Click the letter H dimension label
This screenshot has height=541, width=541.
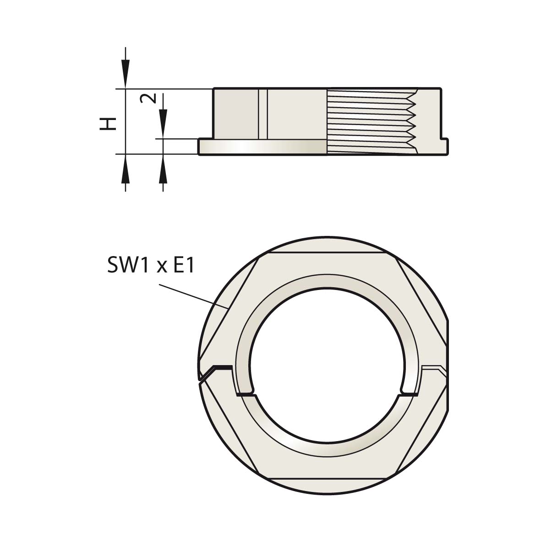click(108, 124)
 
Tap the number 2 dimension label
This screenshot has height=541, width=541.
click(148, 98)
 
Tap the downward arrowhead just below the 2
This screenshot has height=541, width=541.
click(163, 124)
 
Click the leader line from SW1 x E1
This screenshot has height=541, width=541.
click(194, 295)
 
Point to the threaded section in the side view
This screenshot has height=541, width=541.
click(372, 121)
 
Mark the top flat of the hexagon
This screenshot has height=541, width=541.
click(327, 253)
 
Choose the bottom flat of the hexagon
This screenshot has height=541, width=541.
click(327, 479)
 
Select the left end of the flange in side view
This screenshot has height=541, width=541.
click(199, 147)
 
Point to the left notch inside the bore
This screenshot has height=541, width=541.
click(246, 393)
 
